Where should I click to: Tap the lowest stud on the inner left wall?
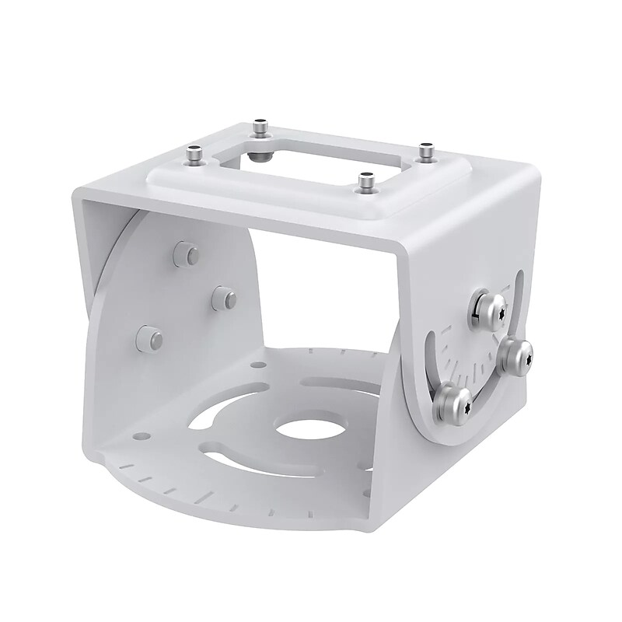(x=149, y=338)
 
